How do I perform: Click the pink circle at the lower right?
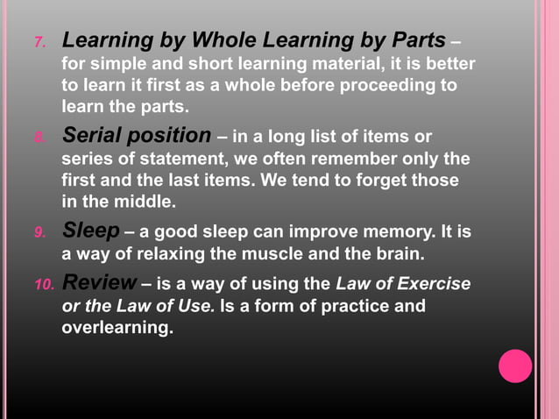[515, 366]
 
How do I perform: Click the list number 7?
[39, 43]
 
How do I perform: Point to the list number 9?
[39, 233]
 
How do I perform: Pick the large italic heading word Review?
[99, 283]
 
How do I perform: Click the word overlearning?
[117, 329]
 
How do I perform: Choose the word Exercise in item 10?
[430, 284]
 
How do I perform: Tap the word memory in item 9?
[386, 233]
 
